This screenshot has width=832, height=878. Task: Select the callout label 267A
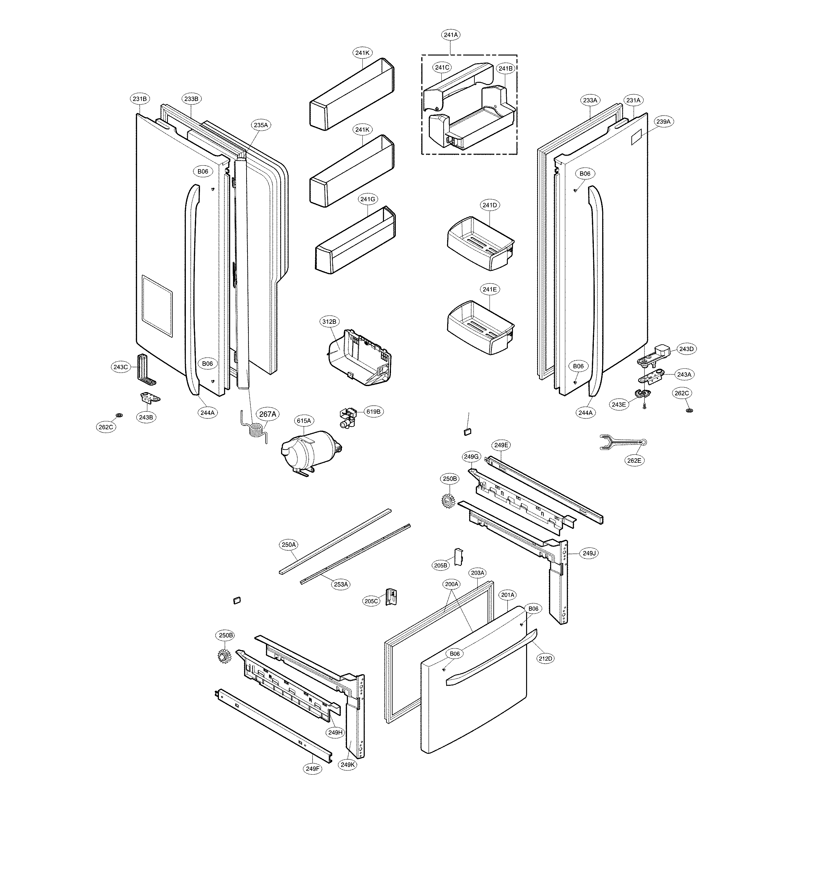point(267,414)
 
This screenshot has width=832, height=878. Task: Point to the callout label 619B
point(373,411)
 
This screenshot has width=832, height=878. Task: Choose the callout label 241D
point(490,205)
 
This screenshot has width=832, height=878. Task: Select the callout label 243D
point(686,349)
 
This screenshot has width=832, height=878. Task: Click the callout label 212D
point(545,658)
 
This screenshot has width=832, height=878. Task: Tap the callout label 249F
point(312,769)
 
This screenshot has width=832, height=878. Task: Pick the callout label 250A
point(288,545)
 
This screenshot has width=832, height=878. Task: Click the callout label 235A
point(261,125)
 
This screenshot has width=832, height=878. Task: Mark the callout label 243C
point(120,367)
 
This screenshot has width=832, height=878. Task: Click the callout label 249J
point(589,554)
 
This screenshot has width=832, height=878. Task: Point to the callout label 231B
point(140,99)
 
